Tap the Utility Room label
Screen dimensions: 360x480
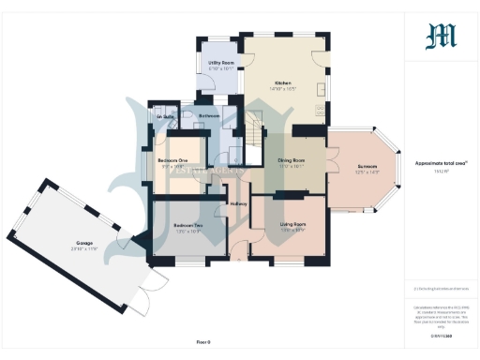(x=220, y=62)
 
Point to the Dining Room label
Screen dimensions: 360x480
(x=292, y=160)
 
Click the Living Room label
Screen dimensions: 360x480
(x=293, y=225)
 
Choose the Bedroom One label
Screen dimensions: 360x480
(x=173, y=160)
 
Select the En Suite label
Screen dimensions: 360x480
(x=167, y=117)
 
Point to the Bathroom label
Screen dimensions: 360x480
(x=209, y=116)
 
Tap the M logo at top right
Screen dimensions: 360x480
(x=440, y=36)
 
